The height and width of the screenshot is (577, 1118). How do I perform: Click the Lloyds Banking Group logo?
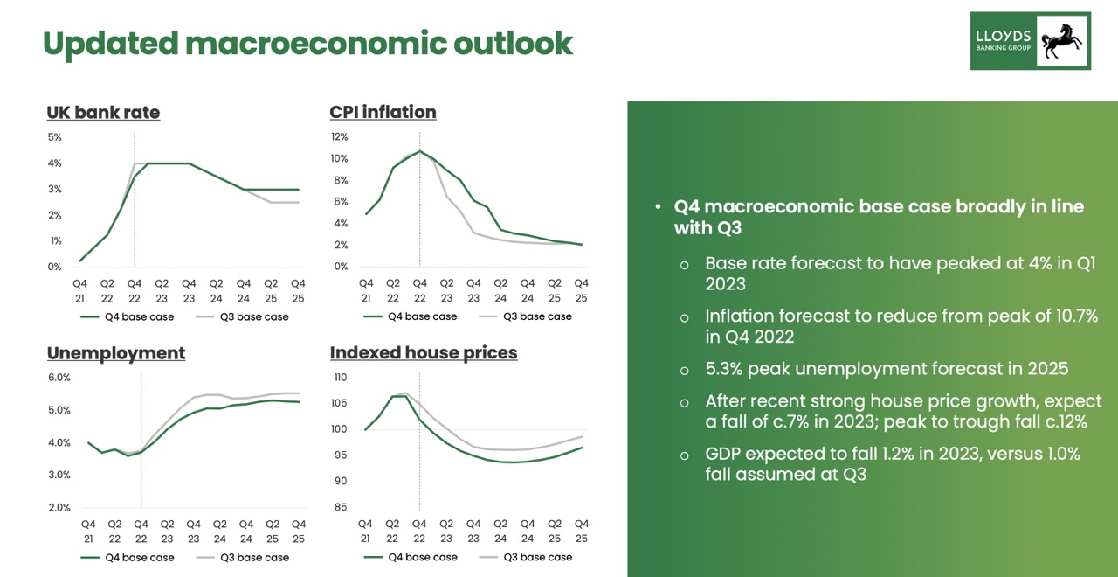[1031, 41]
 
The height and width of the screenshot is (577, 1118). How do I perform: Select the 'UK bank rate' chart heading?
[103, 113]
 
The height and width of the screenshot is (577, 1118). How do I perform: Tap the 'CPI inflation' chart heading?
[383, 113]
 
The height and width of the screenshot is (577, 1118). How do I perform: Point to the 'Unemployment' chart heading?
[116, 353]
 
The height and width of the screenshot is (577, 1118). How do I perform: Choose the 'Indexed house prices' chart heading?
[424, 353]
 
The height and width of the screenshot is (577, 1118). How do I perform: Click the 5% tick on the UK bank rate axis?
[54, 137]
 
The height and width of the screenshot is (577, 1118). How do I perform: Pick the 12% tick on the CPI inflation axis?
[338, 137]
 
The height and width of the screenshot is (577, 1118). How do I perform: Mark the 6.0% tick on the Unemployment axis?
[59, 378]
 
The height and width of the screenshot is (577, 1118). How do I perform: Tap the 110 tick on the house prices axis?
[340, 378]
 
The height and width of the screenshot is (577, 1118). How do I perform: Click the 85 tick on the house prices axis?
[340, 507]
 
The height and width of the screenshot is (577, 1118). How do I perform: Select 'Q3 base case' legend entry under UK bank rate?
[254, 316]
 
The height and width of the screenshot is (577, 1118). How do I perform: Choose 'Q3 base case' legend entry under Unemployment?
[254, 558]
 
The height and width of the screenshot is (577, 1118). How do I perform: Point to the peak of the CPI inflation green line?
[419, 151]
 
